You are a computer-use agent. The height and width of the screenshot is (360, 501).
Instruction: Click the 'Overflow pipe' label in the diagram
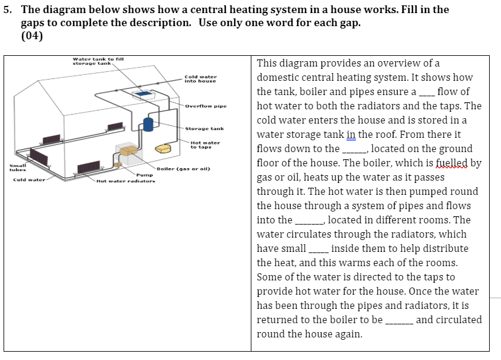pos(206,106)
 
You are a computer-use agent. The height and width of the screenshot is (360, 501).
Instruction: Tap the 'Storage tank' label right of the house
pos(204,128)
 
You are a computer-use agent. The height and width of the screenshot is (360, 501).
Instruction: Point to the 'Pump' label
pos(144,175)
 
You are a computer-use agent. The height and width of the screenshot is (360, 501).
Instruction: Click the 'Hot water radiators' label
pos(126,181)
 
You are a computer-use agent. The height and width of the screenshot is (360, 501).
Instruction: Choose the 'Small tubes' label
pos(16,167)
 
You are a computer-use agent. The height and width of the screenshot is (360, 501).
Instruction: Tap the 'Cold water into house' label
pos(200,78)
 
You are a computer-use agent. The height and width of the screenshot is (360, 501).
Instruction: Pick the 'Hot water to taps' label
pos(205,144)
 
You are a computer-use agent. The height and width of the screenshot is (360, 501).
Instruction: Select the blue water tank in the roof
pos(143,94)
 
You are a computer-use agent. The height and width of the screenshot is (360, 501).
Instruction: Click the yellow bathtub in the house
pos(162,147)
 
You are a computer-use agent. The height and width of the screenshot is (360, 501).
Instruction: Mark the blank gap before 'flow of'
pos(427,92)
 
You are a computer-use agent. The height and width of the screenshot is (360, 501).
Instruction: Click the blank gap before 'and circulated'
pos(399,320)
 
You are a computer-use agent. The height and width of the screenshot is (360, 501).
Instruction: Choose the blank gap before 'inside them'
pos(319,249)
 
